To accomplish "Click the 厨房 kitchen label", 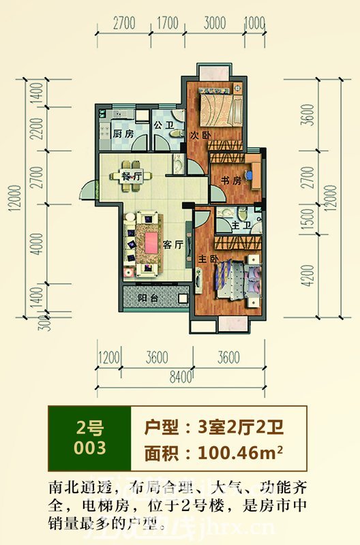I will pos(123,134).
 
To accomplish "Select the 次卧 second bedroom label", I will pos(200,135).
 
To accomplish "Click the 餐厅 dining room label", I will pos(131,176).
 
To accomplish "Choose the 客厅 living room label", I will pos(173,245).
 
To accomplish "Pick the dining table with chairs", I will pos(129,171).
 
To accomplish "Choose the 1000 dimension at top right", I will pos(254,22).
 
